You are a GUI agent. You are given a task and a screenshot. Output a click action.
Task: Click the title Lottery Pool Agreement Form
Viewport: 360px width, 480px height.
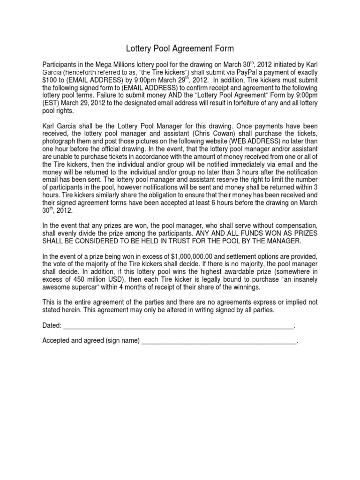(x=180, y=48)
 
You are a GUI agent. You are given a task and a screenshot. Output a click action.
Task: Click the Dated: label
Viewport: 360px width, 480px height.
(x=52, y=325)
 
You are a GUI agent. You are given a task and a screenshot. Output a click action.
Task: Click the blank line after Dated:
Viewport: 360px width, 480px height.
(x=178, y=327)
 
